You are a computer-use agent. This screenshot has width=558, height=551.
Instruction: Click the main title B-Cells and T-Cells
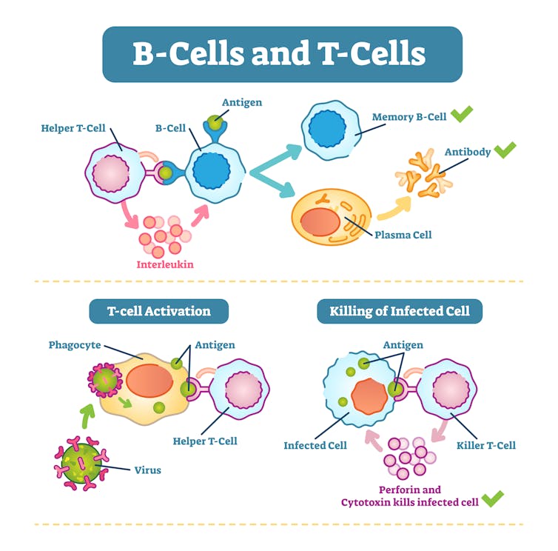click(279, 53)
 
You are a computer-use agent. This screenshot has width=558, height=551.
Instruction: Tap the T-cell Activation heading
click(158, 311)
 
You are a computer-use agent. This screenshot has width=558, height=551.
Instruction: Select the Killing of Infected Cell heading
click(400, 311)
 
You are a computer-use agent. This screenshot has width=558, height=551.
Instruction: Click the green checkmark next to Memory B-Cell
click(462, 114)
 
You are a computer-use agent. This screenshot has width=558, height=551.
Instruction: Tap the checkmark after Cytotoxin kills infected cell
click(492, 498)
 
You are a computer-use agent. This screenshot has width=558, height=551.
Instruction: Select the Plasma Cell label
click(403, 235)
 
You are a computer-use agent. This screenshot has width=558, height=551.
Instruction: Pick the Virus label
click(147, 470)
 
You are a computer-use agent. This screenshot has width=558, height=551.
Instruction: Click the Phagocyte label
click(75, 345)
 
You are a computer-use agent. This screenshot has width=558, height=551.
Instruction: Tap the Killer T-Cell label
click(485, 445)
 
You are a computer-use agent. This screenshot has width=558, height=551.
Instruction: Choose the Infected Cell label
click(315, 445)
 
